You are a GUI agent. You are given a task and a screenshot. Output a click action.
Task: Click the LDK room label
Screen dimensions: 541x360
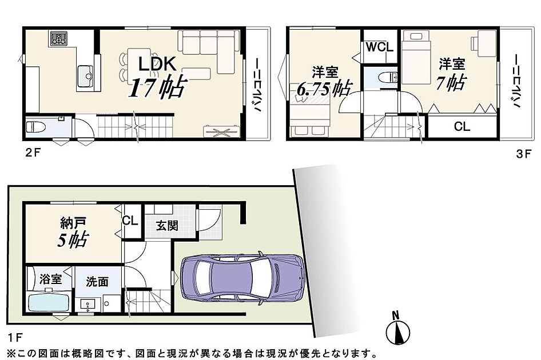[x=158, y=63]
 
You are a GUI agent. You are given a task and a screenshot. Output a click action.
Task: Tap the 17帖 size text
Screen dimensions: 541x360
[x=158, y=87]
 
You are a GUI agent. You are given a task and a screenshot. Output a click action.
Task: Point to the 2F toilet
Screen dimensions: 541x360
[x=36, y=126]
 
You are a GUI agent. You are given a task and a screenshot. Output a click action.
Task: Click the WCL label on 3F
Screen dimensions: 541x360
[x=380, y=47]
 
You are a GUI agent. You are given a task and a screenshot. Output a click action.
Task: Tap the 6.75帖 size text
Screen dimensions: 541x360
[x=324, y=89]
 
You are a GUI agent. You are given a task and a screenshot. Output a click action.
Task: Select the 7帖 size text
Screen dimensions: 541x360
[x=451, y=83]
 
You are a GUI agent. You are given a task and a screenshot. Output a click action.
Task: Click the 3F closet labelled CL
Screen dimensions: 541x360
[x=462, y=126]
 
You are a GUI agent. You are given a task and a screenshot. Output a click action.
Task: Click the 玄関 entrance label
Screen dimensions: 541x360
[x=167, y=226]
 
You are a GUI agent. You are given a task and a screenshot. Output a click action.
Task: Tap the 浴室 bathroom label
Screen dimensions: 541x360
[x=50, y=279]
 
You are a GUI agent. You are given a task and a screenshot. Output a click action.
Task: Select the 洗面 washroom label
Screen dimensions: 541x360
[x=97, y=281]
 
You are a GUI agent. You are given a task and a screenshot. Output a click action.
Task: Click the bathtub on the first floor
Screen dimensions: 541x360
[x=49, y=302]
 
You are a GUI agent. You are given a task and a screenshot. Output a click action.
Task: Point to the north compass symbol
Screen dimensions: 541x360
[x=398, y=329]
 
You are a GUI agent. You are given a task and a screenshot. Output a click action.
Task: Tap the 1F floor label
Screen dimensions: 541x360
[x=15, y=337]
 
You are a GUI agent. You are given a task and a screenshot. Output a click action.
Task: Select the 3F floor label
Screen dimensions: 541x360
[x=524, y=154]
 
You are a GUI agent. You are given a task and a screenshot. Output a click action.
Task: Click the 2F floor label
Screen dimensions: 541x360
[x=33, y=153]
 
